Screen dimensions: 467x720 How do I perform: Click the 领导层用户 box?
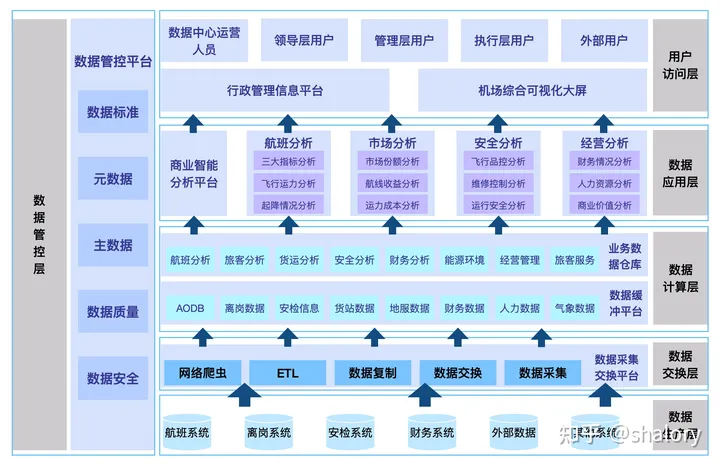tap(303, 41)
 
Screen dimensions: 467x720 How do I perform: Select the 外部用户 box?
tap(603, 41)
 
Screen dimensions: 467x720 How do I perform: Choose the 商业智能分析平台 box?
tap(194, 174)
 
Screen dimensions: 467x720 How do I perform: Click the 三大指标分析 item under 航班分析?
tap(288, 161)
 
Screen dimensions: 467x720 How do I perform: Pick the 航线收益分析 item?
tap(392, 183)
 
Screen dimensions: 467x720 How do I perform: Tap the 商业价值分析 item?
tap(604, 205)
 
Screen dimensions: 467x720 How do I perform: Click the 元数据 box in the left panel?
tap(113, 178)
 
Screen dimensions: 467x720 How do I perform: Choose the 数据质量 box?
tap(113, 311)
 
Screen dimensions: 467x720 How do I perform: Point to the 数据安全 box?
tap(113, 378)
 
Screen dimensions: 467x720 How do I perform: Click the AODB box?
tap(190, 308)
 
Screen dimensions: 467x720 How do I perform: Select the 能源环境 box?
tap(464, 260)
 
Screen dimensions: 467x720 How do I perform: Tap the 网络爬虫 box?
tap(203, 373)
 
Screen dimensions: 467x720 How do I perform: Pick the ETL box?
tap(288, 373)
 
